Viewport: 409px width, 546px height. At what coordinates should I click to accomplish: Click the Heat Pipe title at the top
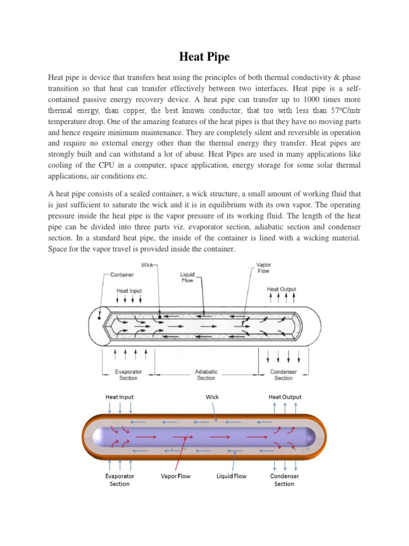[204, 57]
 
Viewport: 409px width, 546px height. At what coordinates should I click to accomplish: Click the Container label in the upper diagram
[122, 275]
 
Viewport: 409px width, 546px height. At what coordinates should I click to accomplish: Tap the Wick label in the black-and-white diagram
[147, 264]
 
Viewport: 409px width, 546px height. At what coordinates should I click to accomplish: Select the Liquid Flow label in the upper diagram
[187, 277]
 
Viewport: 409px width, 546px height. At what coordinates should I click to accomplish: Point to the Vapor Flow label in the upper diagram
[264, 268]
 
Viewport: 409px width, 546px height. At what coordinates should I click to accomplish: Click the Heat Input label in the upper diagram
[129, 291]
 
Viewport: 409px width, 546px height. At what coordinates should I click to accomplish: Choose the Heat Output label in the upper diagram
[281, 289]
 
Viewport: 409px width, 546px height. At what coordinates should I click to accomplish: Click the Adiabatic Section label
[206, 375]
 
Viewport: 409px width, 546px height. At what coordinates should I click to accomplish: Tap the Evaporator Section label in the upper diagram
[128, 375]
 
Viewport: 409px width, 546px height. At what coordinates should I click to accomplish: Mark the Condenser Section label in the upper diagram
[283, 375]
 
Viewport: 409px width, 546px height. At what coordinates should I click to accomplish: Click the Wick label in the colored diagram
[212, 397]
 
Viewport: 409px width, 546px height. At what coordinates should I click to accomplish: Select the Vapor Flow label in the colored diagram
[175, 476]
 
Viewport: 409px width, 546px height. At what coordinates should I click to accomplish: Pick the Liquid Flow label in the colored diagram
[231, 476]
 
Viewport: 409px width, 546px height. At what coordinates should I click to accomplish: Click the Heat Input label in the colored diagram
[120, 397]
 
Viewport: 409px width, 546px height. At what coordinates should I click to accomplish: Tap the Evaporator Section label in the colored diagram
[120, 480]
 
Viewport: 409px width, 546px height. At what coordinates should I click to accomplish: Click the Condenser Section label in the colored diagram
[284, 480]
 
